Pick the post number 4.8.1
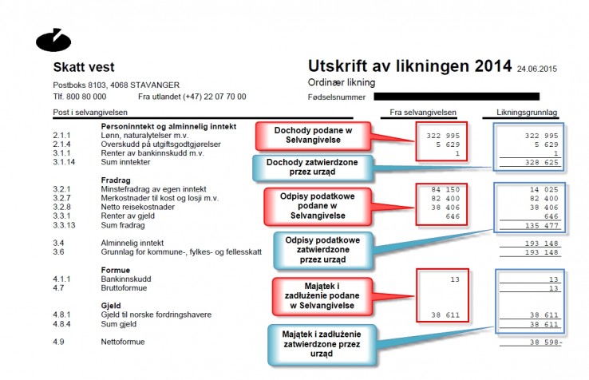pyautogui.click(x=61, y=315)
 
